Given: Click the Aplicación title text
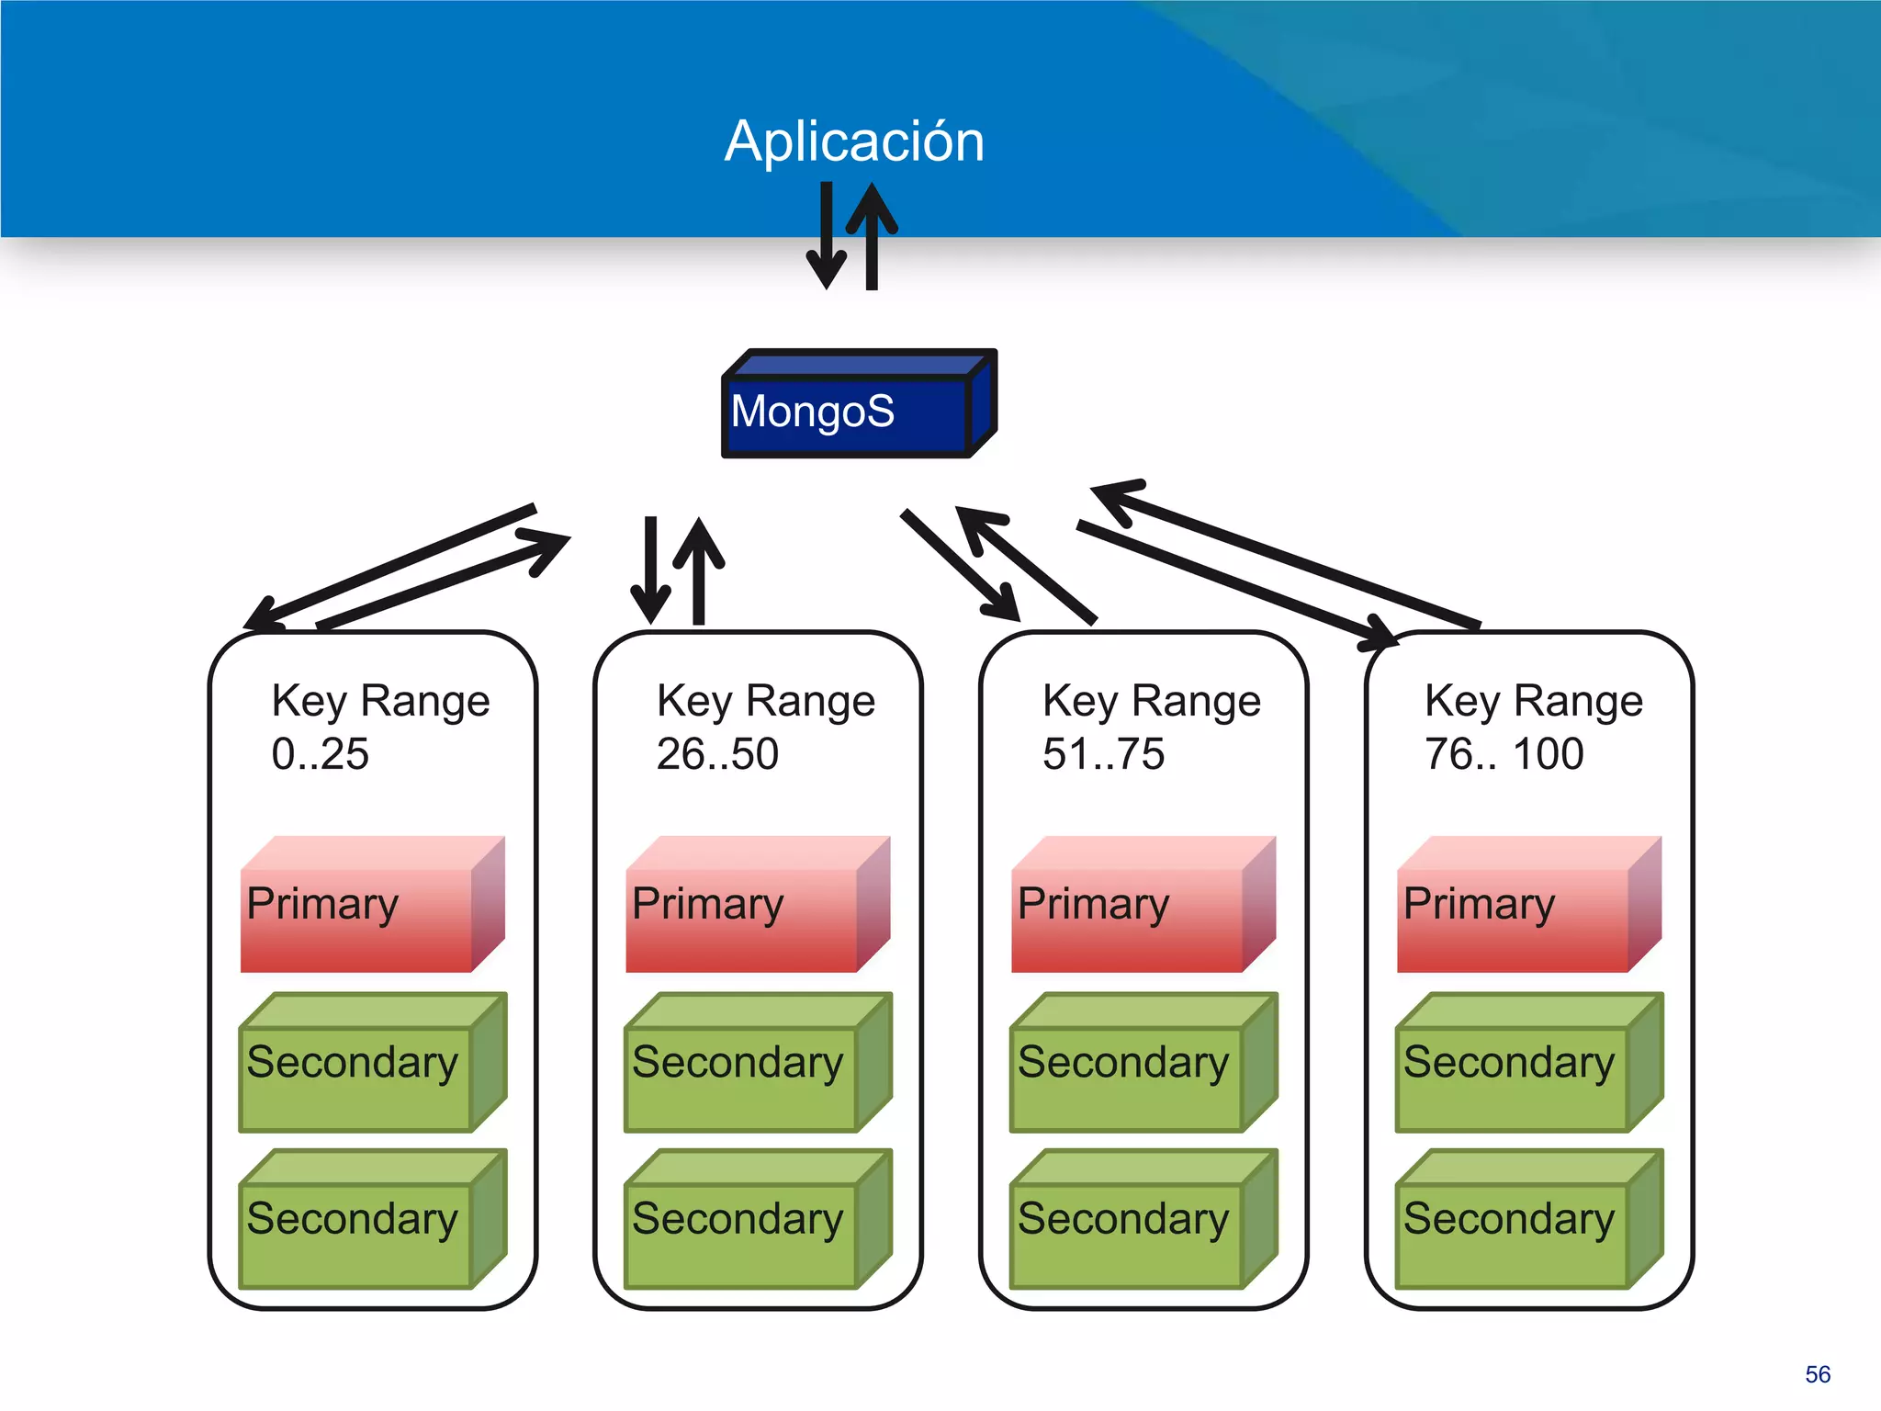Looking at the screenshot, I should (854, 141).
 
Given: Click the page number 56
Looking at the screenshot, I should (1817, 1374).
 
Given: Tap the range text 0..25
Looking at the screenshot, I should (320, 754).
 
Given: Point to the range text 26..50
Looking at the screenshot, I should (717, 754).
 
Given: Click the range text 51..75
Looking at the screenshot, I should (1103, 754).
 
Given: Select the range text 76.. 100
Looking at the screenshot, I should (1504, 754).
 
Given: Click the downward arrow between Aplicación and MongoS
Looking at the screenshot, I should (826, 239).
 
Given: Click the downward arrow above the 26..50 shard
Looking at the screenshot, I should (650, 570).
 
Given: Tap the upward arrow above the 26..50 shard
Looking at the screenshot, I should (699, 570).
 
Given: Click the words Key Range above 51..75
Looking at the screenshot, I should (1151, 702).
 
